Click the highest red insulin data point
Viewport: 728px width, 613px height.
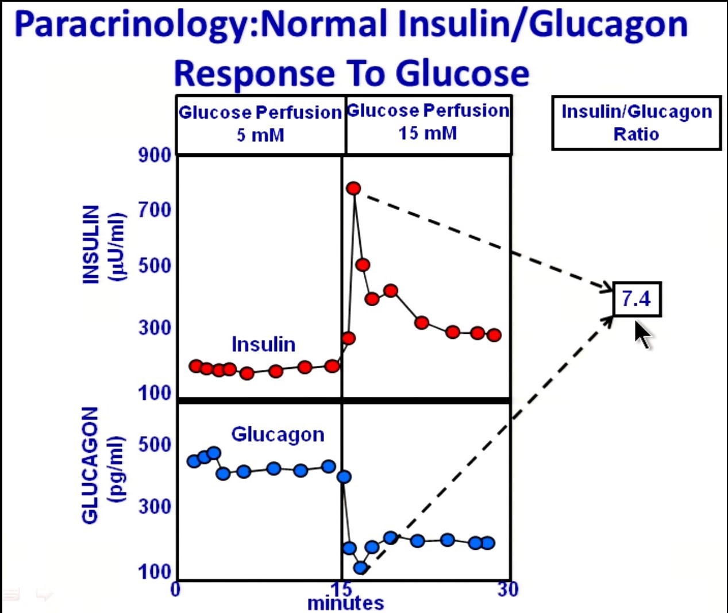click(353, 188)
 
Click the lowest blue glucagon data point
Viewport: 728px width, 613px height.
click(360, 568)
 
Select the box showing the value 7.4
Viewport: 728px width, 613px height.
click(637, 299)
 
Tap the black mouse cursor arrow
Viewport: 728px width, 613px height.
click(642, 334)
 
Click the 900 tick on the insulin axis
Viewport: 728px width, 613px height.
click(155, 155)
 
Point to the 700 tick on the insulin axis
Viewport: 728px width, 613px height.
click(155, 210)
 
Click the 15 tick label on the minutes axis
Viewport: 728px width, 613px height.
click(341, 589)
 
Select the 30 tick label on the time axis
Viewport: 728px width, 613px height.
click(508, 589)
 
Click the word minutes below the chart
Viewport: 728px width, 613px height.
click(345, 603)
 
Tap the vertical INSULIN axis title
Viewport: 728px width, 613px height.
click(91, 244)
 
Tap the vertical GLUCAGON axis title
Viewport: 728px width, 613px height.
click(90, 465)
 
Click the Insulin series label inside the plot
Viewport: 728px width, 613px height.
click(263, 344)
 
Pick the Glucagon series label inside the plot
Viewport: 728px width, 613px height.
click(278, 434)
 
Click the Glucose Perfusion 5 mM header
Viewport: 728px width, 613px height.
click(260, 124)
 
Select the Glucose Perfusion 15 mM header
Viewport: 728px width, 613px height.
click(428, 122)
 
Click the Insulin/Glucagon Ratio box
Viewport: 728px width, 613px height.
click(636, 123)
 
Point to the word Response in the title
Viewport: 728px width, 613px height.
click(254, 74)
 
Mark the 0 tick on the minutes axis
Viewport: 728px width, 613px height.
click(176, 589)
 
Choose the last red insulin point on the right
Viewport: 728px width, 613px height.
click(494, 335)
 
